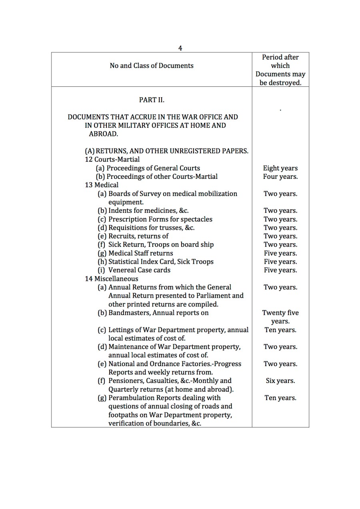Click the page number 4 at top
(180, 48)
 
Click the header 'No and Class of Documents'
(151, 66)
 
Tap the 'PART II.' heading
(152, 100)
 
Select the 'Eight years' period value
(280, 168)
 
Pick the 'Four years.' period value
(280, 177)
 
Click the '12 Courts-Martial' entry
(112, 160)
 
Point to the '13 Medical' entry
(102, 185)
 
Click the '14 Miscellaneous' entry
(111, 279)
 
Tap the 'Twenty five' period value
(280, 313)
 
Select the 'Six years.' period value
(280, 381)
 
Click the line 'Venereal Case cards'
(139, 270)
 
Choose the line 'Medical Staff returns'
(141, 253)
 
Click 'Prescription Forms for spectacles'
(160, 219)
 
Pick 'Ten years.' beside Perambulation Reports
(280, 398)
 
